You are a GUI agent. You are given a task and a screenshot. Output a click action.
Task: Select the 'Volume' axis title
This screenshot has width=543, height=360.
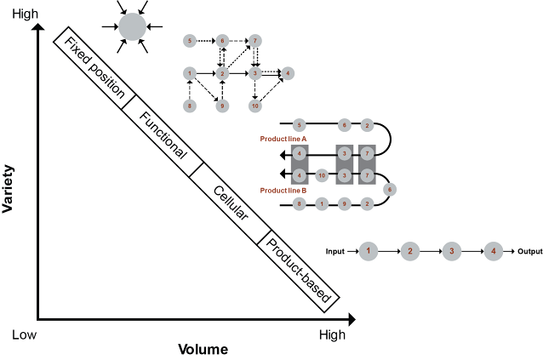(x=203, y=349)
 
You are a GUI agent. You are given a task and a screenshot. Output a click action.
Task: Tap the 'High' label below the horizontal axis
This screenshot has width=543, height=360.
(x=332, y=335)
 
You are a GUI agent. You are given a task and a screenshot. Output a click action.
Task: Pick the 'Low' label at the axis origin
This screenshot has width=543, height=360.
(x=24, y=335)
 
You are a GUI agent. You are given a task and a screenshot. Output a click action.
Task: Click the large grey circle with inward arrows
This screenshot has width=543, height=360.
(x=132, y=26)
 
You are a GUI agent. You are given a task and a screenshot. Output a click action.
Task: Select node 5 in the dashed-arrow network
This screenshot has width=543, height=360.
(x=189, y=40)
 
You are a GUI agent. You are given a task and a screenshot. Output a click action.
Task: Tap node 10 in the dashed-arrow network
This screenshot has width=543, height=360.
(x=254, y=106)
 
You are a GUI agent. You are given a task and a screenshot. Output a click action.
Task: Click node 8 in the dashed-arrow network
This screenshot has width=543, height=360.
(x=189, y=106)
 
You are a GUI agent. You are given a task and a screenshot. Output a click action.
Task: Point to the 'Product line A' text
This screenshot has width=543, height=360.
(x=283, y=137)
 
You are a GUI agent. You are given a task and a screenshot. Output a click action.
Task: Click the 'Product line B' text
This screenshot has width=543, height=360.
(x=283, y=190)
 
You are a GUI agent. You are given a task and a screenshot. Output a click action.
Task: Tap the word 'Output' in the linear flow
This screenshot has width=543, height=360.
(x=529, y=252)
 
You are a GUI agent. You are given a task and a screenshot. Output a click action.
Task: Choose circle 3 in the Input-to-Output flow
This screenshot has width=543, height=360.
(x=452, y=252)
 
